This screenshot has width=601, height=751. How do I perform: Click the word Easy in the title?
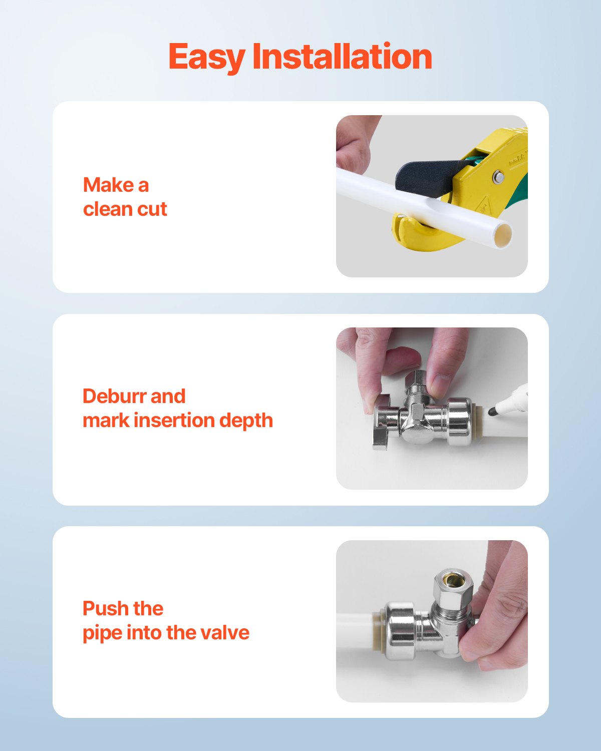(206, 57)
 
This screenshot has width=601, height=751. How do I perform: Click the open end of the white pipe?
(503, 235)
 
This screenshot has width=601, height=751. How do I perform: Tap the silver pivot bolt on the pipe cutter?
(498, 176)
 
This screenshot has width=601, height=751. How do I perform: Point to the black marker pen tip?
(493, 411)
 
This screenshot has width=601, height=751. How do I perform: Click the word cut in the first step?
(153, 209)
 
